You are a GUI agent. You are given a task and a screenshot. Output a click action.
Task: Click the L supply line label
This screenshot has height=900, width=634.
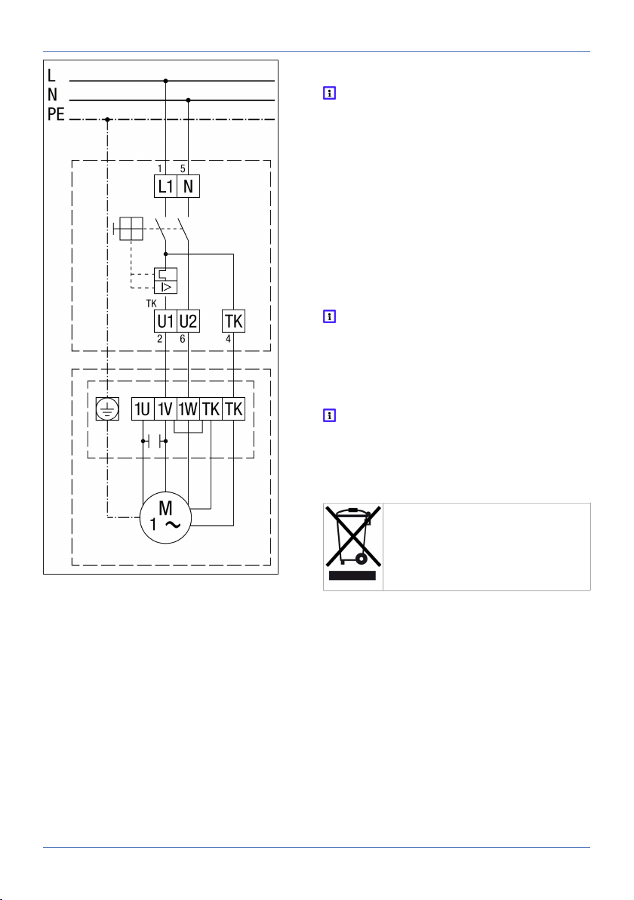(51, 76)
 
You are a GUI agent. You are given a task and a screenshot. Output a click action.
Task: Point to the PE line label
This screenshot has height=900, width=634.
(56, 114)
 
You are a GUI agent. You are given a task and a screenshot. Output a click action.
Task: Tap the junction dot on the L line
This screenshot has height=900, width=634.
(166, 81)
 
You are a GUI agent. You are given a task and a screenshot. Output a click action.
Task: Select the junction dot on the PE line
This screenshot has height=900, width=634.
(107, 119)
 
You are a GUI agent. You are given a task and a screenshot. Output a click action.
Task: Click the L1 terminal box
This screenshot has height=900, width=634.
(165, 186)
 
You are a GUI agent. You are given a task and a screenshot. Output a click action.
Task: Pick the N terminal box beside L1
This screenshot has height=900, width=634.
(188, 186)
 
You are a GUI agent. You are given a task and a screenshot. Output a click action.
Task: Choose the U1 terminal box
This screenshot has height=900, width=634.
(165, 321)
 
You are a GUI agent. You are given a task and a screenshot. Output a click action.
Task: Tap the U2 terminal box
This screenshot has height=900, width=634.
(188, 321)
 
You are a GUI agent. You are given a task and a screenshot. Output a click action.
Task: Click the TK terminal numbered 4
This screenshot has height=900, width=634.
(233, 321)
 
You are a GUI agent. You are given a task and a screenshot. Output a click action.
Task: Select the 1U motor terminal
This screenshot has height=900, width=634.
(143, 409)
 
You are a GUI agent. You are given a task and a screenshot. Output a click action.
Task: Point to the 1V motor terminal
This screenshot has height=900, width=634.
(165, 409)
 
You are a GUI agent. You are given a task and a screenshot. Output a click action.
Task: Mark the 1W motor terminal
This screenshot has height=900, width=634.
(188, 409)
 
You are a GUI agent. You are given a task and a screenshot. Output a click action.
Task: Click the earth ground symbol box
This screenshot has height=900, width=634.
(107, 409)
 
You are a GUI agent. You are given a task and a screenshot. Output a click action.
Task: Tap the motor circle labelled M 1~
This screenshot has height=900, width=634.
(165, 518)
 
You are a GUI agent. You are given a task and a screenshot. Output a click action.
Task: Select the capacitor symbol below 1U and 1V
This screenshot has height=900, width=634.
(154, 442)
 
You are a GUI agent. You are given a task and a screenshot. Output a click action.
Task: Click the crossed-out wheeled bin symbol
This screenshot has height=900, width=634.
(353, 543)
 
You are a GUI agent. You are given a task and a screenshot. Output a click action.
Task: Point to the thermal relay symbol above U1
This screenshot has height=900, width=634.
(165, 281)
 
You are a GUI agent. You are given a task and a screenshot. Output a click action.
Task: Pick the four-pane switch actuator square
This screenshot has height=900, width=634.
(131, 229)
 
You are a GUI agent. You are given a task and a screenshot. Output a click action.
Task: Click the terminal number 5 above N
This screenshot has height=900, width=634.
(183, 169)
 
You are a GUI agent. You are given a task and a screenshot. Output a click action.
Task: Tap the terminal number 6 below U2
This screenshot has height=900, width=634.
(183, 339)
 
